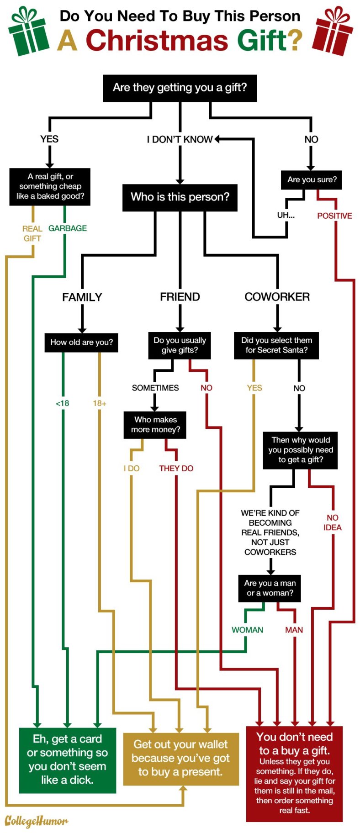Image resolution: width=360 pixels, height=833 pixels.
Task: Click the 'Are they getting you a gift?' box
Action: tap(180, 88)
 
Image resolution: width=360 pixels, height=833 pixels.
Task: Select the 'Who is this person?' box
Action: tap(180, 197)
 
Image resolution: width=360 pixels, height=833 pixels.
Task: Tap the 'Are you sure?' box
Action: tap(312, 180)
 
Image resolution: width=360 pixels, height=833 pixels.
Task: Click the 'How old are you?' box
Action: tap(81, 343)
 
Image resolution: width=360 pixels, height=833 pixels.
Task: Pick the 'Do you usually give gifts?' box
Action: tap(180, 345)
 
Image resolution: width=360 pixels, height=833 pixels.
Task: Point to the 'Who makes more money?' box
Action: tap(155, 425)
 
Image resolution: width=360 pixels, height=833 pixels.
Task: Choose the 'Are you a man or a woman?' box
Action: tap(270, 588)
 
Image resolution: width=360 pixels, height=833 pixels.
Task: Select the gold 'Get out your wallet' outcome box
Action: tap(181, 759)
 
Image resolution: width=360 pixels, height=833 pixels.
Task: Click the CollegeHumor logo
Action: tap(36, 821)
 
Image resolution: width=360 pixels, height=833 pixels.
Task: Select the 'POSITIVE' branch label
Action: tap(334, 216)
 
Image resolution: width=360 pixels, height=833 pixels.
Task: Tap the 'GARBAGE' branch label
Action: tap(68, 228)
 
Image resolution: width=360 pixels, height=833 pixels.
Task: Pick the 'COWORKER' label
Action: tap(277, 297)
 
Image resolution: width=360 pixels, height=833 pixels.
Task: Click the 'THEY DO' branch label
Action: tap(176, 469)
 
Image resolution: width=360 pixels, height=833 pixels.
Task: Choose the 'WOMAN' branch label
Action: tap(247, 630)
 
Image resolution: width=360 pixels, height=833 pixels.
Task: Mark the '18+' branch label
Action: tap(100, 403)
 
